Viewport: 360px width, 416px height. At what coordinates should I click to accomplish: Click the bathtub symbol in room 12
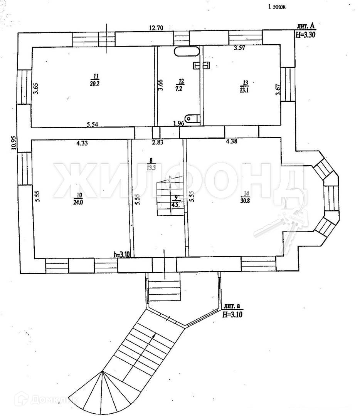click(x=186, y=52)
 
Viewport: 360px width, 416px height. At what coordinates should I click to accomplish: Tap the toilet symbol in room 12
click(x=192, y=118)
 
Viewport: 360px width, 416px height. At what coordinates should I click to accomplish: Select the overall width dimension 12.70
click(x=157, y=28)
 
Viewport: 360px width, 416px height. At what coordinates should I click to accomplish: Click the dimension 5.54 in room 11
click(x=93, y=124)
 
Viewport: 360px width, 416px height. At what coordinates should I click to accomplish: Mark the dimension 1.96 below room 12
click(x=178, y=124)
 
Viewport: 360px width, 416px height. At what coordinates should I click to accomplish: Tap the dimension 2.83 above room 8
click(x=157, y=143)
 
